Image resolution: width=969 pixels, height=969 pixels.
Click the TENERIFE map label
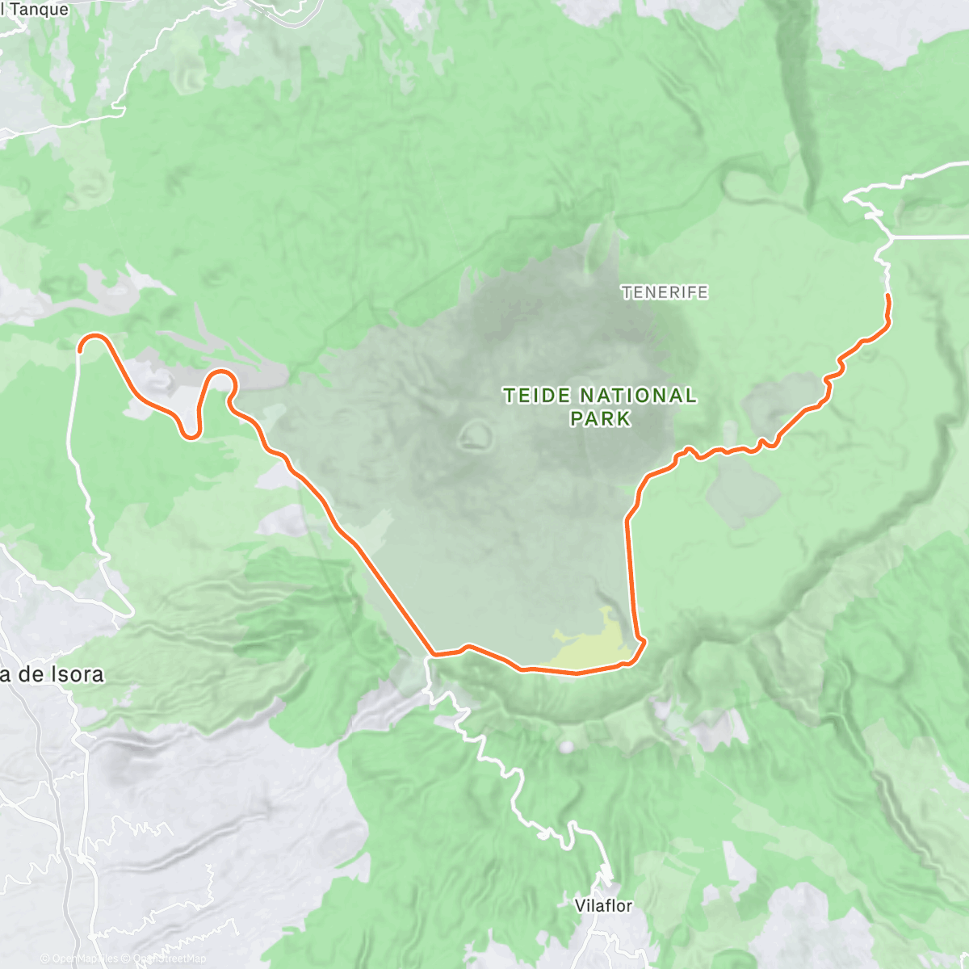pos(665,292)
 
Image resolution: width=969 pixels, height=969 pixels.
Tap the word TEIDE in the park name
pos(538,396)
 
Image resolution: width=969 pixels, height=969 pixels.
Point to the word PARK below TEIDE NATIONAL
pos(600,418)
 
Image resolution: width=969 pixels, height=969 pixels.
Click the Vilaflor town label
pos(603,905)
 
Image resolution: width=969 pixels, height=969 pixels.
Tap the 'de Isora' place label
pos(57,674)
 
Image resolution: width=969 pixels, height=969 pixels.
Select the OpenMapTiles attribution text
pos(84,959)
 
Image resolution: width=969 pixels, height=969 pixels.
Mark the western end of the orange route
pos(81,350)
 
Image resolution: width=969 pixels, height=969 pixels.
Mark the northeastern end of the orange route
pos(888,296)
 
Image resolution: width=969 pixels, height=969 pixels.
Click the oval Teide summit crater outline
pos(475,437)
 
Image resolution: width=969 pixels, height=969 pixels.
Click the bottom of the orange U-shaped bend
pos(191,437)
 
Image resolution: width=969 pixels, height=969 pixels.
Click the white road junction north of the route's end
pos(891,237)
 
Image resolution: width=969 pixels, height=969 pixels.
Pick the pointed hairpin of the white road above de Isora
pos(130,614)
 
